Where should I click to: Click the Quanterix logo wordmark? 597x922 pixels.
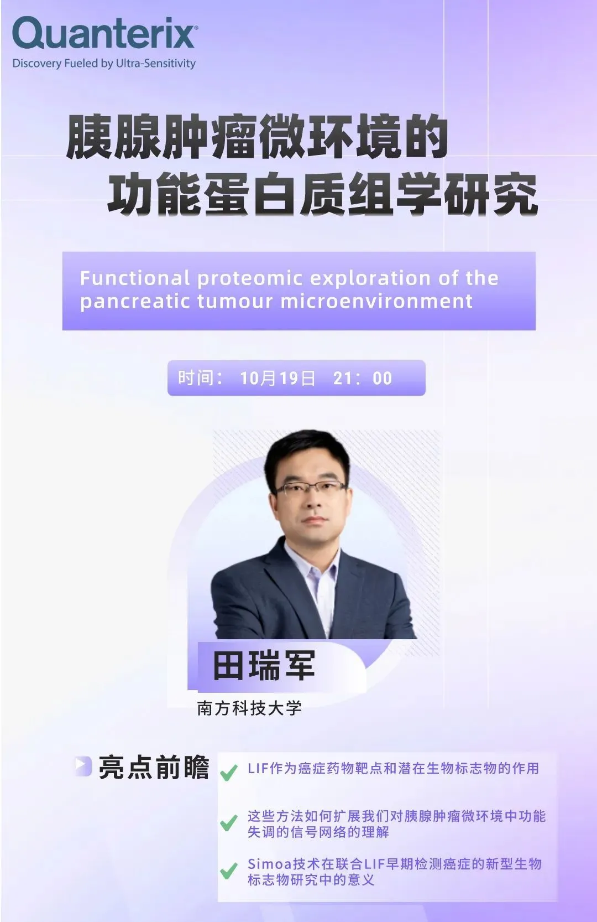[x=105, y=34]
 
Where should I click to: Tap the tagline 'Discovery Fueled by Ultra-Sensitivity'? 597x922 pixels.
[x=104, y=64]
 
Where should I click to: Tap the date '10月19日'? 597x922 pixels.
[x=278, y=378]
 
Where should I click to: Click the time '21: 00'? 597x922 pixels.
[x=363, y=378]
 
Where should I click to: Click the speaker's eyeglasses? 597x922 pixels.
[x=311, y=489]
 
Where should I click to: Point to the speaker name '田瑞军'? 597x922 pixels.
[x=264, y=665]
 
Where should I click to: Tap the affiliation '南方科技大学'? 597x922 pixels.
[x=249, y=708]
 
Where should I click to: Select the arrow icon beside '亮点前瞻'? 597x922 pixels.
[x=83, y=766]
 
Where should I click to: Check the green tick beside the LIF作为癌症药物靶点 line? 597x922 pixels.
[x=229, y=772]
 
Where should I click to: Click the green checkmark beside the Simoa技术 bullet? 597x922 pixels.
[x=229, y=871]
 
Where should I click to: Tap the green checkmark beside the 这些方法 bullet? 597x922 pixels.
[x=229, y=822]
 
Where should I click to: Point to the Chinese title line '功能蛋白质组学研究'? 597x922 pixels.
[x=323, y=194]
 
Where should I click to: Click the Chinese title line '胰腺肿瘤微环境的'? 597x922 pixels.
[x=257, y=137]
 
